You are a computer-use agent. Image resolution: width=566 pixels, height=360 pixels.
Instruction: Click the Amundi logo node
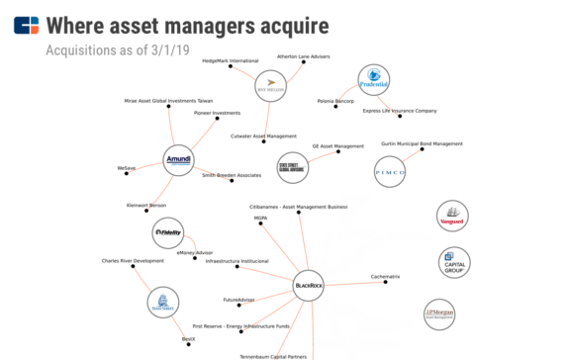pos(177,160)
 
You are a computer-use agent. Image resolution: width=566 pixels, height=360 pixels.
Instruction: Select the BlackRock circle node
pos(309,287)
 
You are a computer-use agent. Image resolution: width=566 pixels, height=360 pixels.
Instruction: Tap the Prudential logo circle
pos(374,81)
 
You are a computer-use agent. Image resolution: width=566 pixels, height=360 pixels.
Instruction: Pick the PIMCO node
pos(390,172)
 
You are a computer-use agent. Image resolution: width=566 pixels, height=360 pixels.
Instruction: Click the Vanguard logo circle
pos(452,217)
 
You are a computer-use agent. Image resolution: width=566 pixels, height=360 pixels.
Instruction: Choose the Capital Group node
pos(453,262)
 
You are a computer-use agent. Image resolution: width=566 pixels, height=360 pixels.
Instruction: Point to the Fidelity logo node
pos(168,233)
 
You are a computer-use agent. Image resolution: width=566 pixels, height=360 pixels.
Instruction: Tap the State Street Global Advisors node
pos(292,168)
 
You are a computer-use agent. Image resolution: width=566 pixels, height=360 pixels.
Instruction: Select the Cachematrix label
pos(385,276)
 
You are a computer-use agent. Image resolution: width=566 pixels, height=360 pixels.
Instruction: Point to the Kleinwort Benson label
pos(146,206)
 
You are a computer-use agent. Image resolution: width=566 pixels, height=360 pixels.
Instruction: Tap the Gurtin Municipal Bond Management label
pos(422,144)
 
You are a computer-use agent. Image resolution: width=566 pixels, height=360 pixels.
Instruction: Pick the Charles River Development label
pos(133,261)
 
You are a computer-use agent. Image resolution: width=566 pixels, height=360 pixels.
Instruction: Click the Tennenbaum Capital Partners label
pos(273,356)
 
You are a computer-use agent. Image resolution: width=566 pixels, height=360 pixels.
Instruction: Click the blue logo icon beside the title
pos(27,25)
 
